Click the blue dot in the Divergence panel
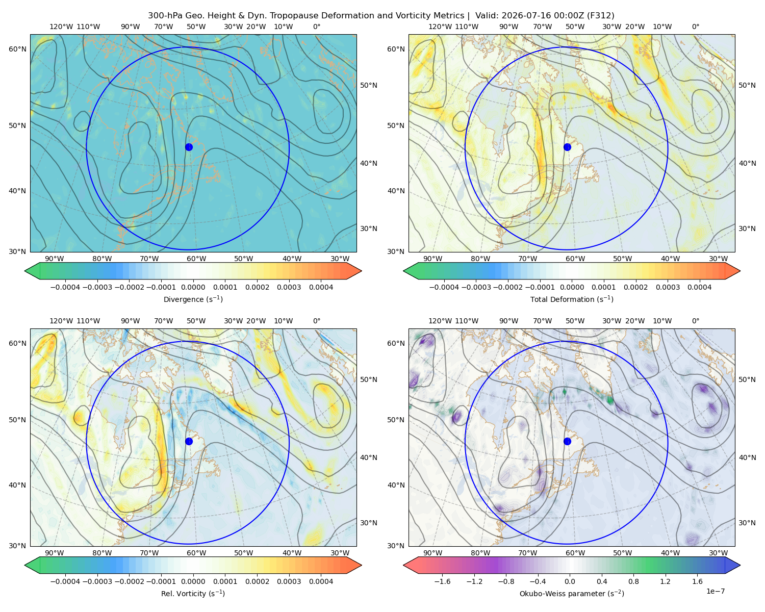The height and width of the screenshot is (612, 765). (x=189, y=147)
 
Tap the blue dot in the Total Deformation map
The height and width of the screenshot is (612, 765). (x=567, y=147)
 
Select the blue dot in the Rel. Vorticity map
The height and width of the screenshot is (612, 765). (x=189, y=441)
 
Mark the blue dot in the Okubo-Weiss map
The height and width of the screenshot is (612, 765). (x=567, y=441)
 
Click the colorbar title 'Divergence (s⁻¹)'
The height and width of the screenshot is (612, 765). (x=193, y=299)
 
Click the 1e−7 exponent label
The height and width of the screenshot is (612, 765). (x=715, y=591)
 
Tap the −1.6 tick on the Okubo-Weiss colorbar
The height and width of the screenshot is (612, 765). (x=442, y=581)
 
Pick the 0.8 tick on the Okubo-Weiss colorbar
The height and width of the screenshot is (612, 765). (x=633, y=581)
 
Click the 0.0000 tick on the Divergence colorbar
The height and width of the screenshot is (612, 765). (x=193, y=287)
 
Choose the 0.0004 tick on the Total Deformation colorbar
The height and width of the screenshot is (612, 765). (x=700, y=287)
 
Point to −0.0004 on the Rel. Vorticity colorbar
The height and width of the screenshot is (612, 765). (x=65, y=581)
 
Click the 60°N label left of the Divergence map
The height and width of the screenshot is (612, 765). (x=17, y=49)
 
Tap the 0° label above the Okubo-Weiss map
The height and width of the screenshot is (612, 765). (x=696, y=321)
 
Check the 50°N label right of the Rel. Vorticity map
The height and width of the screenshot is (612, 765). (x=369, y=379)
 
